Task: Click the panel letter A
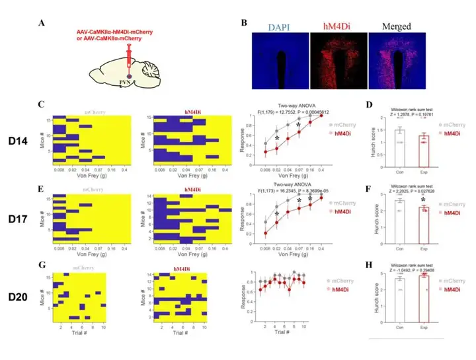[x=42, y=25]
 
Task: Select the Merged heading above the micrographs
[x=396, y=26]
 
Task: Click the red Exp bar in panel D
[x=422, y=147]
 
